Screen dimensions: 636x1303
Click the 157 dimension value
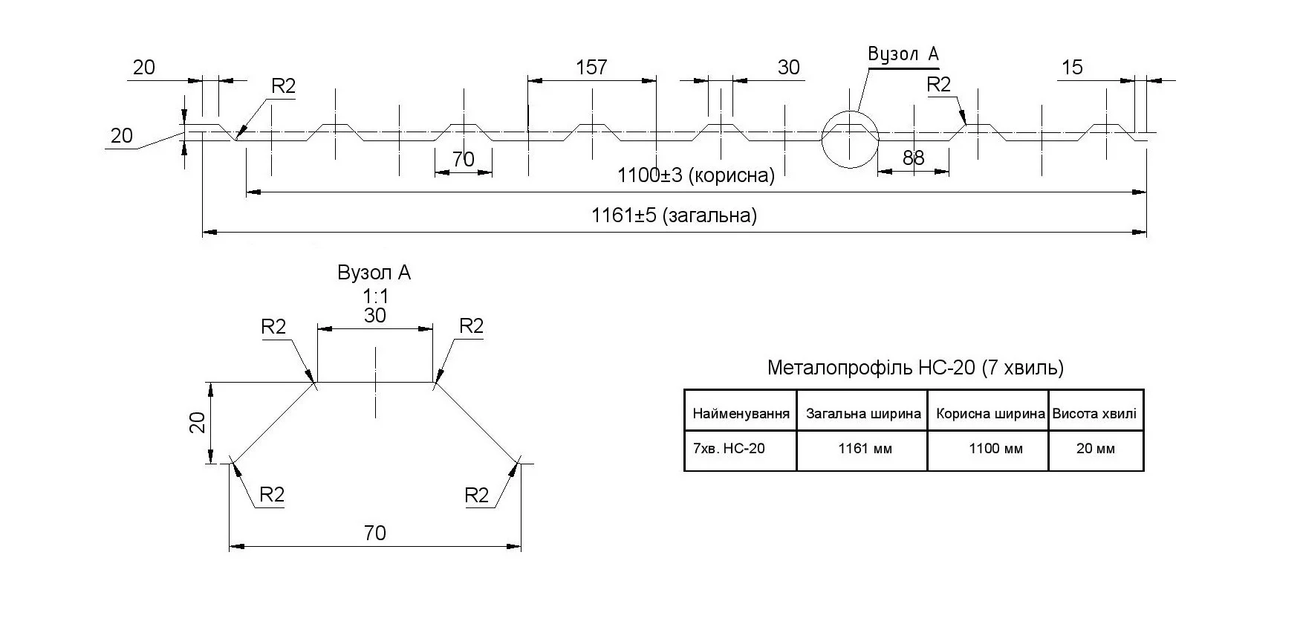tap(591, 68)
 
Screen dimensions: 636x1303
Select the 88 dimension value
tap(913, 158)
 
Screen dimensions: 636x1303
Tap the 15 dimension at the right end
tap(1072, 68)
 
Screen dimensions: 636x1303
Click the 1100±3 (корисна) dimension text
tap(695, 176)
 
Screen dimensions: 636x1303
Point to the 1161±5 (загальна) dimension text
tap(674, 215)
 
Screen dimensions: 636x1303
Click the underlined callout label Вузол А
tap(903, 54)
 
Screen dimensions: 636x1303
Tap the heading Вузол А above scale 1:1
tap(374, 273)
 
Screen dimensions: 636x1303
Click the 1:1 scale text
tap(375, 296)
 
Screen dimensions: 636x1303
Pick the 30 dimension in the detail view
tap(375, 316)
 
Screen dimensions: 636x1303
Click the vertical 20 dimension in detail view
tap(198, 423)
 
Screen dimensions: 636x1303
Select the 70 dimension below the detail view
tap(375, 533)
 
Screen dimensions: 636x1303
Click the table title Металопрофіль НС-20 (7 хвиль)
tap(915, 368)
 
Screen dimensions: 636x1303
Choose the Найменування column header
tap(741, 414)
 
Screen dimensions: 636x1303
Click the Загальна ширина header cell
tap(863, 414)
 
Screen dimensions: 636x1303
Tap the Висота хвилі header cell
tap(1094, 414)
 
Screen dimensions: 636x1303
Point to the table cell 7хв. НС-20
tap(728, 449)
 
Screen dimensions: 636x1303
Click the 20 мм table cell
tap(1095, 449)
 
